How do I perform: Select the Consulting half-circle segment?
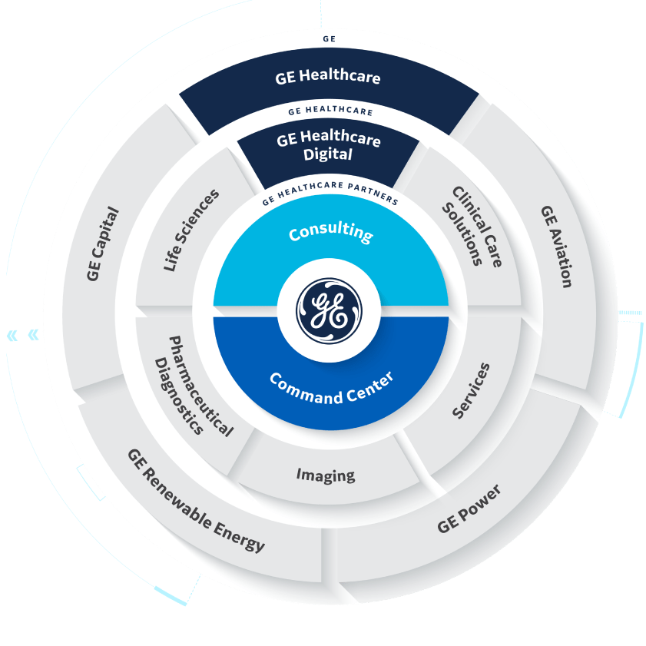(330, 246)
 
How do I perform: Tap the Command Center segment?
(330, 384)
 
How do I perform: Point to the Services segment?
(470, 392)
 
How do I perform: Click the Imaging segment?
(326, 475)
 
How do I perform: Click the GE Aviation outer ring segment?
(555, 246)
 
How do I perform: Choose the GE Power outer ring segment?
(469, 509)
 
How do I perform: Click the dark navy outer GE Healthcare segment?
(328, 78)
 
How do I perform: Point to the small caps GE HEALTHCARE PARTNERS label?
(330, 198)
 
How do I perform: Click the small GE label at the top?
(329, 36)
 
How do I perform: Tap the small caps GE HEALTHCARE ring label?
(330, 111)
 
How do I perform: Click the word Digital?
(328, 154)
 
